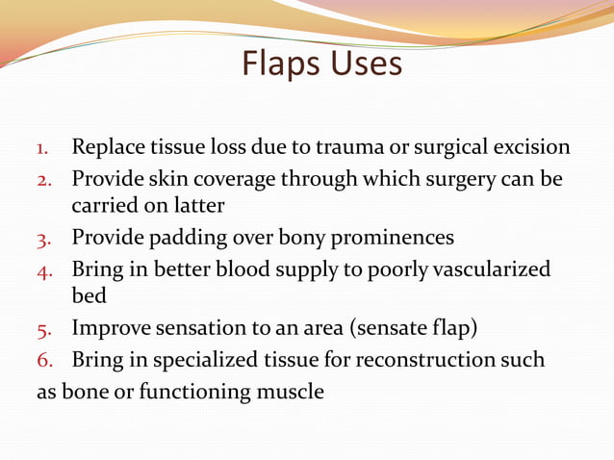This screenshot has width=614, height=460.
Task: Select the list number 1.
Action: tap(42, 150)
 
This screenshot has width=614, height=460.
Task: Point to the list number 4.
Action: tap(43, 270)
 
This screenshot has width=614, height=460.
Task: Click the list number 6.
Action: tap(43, 361)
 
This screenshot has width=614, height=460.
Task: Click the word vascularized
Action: tap(491, 269)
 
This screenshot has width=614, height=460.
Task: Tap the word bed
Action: tap(89, 297)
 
